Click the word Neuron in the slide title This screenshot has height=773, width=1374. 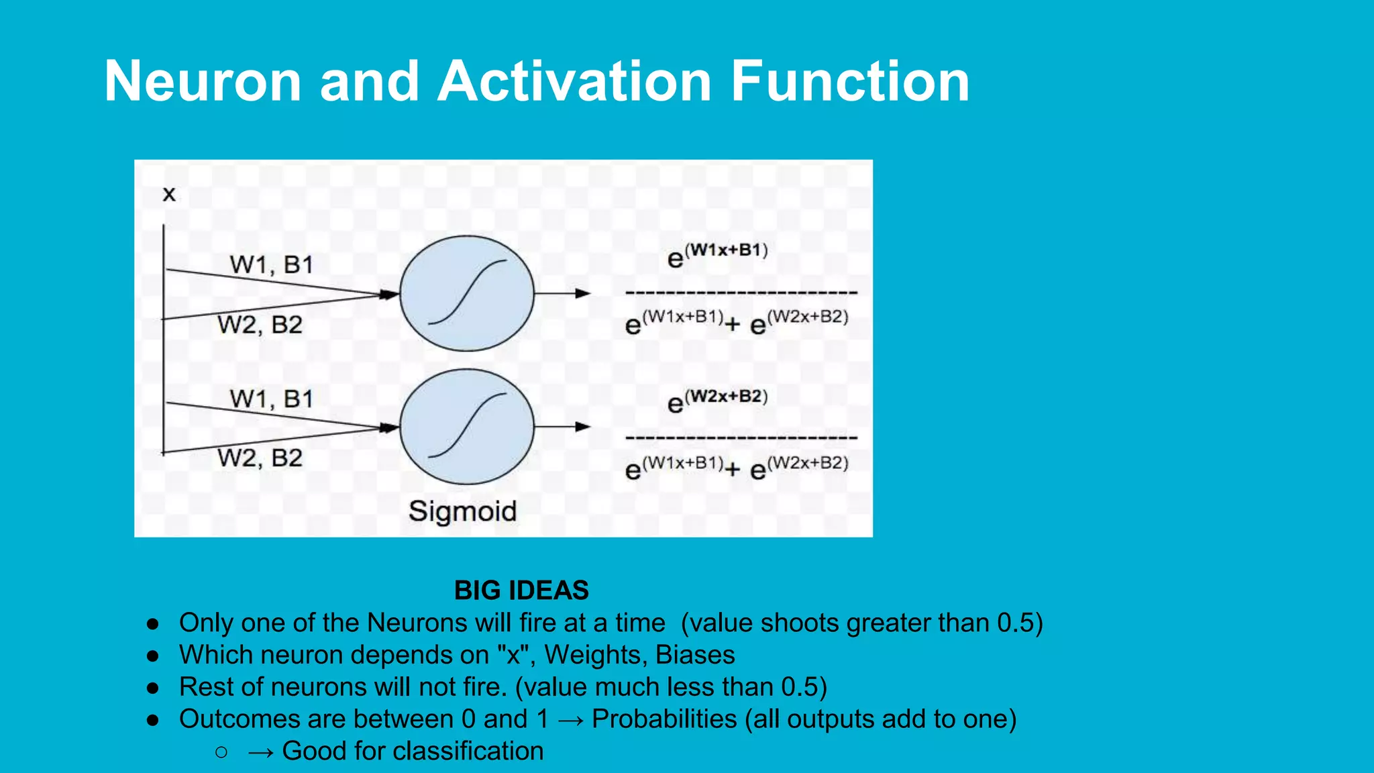203,81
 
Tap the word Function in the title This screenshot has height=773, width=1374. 850,81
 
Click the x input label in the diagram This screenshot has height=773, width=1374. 169,195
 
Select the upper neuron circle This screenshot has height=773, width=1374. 467,293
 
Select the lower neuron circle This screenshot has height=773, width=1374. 467,427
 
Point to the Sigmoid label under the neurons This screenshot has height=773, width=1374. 463,511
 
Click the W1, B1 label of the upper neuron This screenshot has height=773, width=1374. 272,265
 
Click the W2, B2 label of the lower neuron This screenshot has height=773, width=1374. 260,458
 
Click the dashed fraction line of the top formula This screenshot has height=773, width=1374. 741,293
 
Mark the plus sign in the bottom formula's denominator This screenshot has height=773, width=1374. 733,469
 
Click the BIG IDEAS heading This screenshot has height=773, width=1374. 521,590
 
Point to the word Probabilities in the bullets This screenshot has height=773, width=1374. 664,719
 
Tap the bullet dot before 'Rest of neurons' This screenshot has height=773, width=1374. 153,688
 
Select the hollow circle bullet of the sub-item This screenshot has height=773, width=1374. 222,752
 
